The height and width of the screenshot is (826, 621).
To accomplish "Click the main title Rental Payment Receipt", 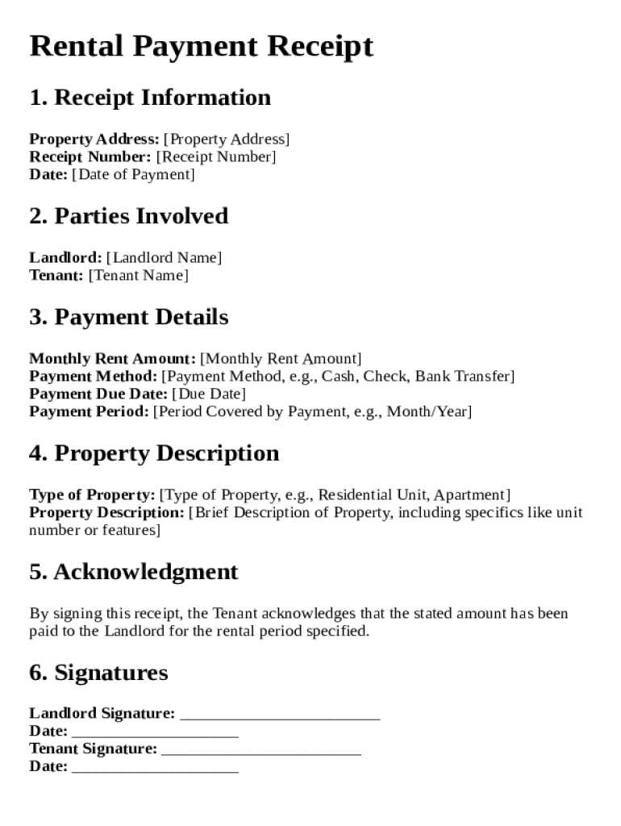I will tap(202, 47).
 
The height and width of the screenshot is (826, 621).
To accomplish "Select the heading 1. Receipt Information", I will tap(150, 98).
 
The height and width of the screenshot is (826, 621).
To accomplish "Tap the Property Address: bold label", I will tap(94, 139).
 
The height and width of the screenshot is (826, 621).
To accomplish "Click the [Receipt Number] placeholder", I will tap(215, 156).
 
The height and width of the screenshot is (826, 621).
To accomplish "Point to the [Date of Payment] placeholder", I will tap(133, 174).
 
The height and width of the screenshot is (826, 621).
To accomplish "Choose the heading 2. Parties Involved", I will tap(129, 216).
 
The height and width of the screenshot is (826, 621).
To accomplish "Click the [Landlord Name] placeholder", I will tap(164, 257).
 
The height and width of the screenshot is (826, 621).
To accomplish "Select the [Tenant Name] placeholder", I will tap(138, 275).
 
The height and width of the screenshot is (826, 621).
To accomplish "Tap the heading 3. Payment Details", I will tap(129, 317).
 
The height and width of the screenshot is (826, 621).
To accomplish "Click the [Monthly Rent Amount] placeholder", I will tap(281, 358).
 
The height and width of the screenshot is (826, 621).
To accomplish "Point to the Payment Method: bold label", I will tap(94, 376).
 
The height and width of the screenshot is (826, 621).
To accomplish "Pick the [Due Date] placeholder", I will tap(209, 394).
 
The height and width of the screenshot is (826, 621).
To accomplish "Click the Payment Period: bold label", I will tap(90, 411).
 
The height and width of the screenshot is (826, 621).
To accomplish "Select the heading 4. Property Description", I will tap(154, 453).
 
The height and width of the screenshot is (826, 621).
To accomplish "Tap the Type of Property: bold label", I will tap(93, 494).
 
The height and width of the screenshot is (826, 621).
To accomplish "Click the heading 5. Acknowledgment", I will tap(134, 572).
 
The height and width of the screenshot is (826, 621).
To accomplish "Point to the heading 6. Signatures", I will tap(98, 673).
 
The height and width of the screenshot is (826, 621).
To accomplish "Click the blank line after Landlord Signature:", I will tap(280, 715).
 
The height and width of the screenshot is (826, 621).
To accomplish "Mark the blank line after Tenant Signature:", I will tap(261, 750).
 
